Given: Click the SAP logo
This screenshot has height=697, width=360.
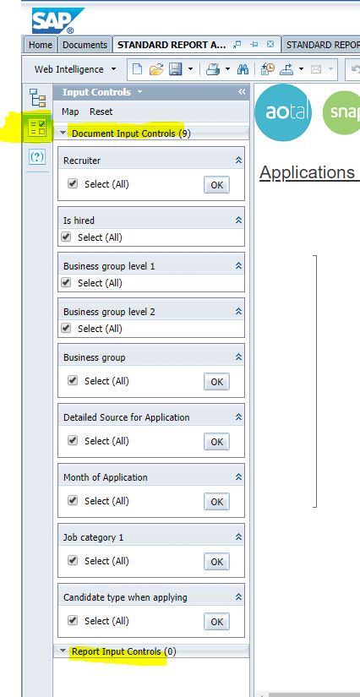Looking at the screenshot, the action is pyautogui.click(x=57, y=20).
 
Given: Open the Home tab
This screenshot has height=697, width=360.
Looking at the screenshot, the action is pyautogui.click(x=40, y=45).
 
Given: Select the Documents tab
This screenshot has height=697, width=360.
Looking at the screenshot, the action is pyautogui.click(x=85, y=45).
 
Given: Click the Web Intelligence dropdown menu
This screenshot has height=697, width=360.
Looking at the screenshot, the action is pyautogui.click(x=75, y=69).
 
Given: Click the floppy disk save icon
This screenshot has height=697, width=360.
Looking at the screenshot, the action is pyautogui.click(x=175, y=69).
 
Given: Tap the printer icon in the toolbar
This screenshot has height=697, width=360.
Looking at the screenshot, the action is pyautogui.click(x=213, y=69).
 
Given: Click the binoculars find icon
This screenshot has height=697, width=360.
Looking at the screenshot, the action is pyautogui.click(x=243, y=69).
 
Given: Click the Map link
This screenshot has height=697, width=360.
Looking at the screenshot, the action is pyautogui.click(x=70, y=112).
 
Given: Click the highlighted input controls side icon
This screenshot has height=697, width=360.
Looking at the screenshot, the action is pyautogui.click(x=37, y=128).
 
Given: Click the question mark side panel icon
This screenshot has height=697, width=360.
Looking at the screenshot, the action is pyautogui.click(x=37, y=156).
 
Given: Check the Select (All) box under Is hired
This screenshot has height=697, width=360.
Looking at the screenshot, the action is pyautogui.click(x=66, y=237).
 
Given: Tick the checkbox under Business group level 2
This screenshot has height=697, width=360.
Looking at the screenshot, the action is pyautogui.click(x=66, y=328).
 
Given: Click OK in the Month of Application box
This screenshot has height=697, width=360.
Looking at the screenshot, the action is pyautogui.click(x=217, y=501).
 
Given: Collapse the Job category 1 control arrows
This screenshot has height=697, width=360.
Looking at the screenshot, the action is pyautogui.click(x=238, y=537).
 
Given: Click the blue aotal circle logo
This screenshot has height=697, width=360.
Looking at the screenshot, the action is pyautogui.click(x=283, y=112).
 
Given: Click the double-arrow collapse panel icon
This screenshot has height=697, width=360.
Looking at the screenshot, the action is pyautogui.click(x=242, y=92).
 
